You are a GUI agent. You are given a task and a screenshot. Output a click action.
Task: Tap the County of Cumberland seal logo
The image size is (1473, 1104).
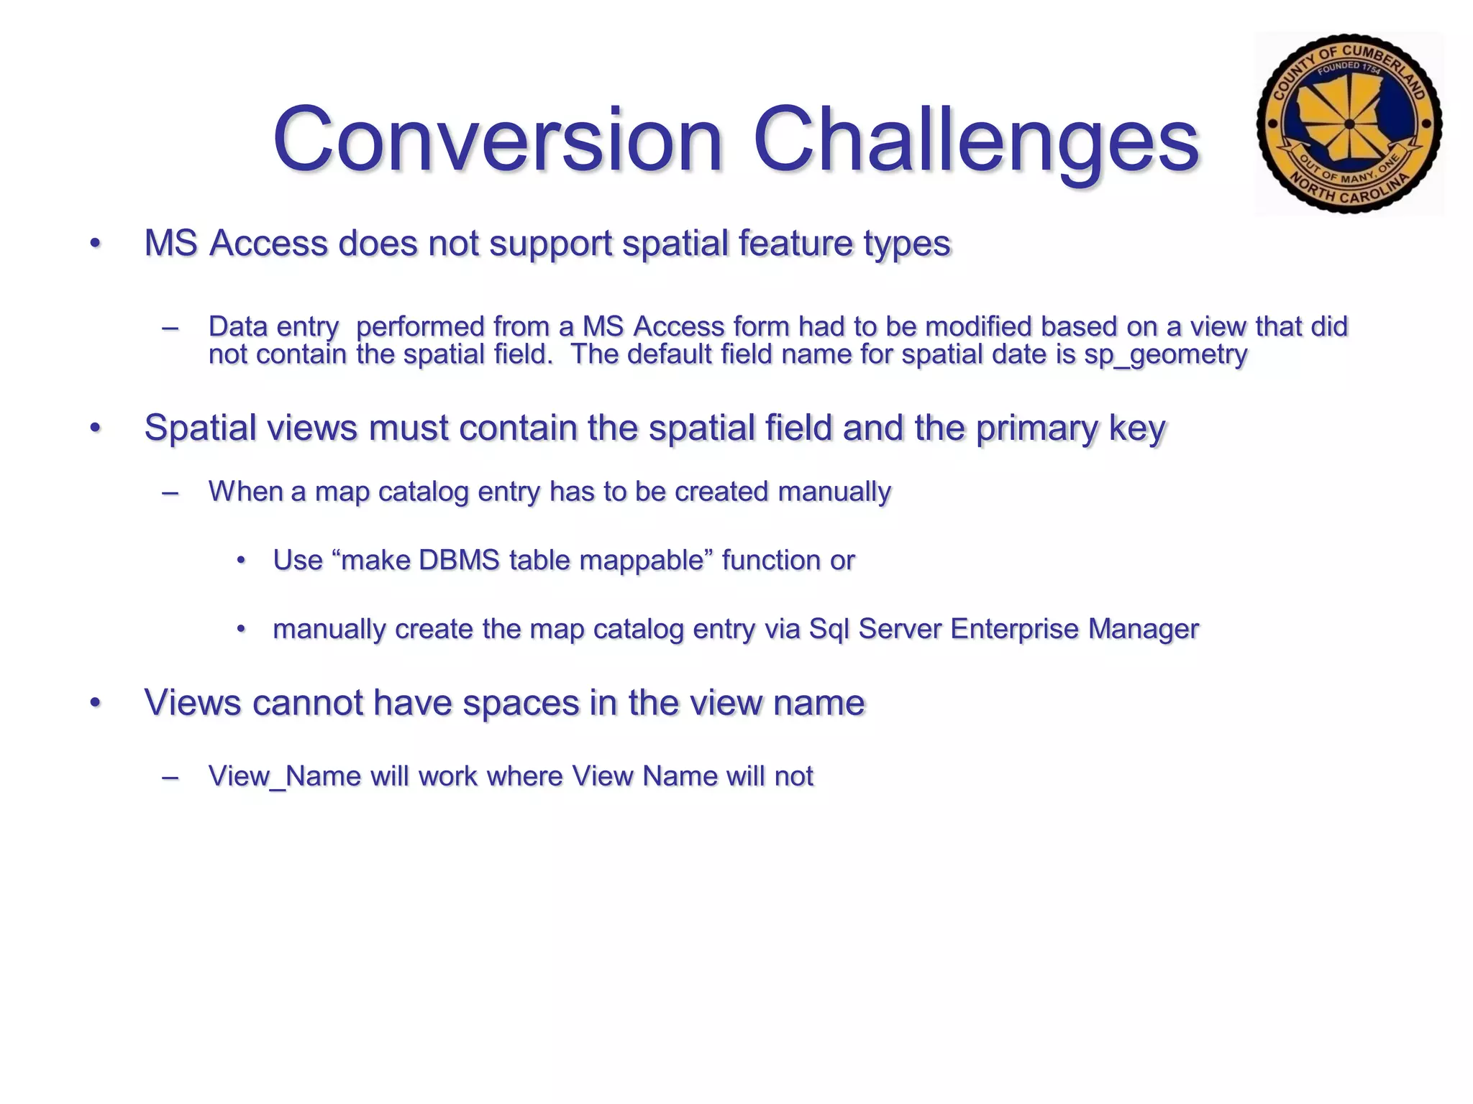[x=1349, y=124]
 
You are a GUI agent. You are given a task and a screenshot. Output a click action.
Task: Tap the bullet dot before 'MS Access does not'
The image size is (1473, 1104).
[x=95, y=244]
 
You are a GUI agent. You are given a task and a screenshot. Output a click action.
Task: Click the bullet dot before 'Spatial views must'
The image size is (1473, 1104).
[x=95, y=428]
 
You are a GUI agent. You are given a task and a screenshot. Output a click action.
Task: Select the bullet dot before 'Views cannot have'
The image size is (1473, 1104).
[x=95, y=703]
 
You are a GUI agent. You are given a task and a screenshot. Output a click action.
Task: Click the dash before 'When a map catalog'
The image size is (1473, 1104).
[x=170, y=493]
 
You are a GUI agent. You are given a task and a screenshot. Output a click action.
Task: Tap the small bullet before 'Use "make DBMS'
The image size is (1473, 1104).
[x=242, y=561]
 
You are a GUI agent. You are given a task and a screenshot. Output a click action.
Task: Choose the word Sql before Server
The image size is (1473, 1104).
[x=829, y=629]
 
